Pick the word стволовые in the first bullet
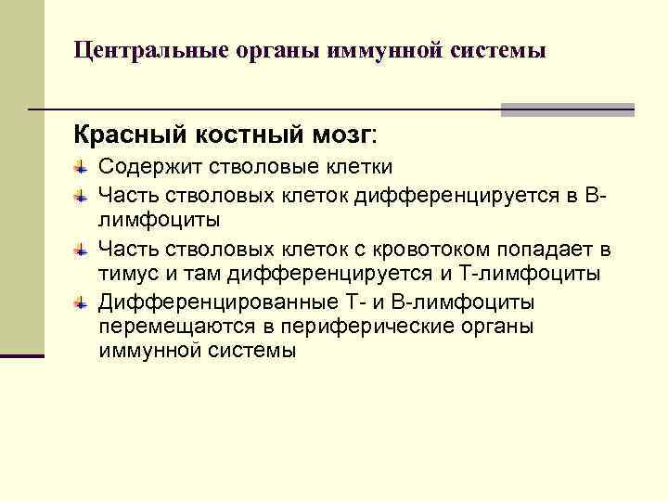pyautogui.click(x=243, y=167)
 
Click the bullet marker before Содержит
pyautogui.click(x=80, y=167)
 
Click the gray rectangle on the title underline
pyautogui.click(x=567, y=109)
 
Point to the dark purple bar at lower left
pyautogui.click(x=21, y=354)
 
